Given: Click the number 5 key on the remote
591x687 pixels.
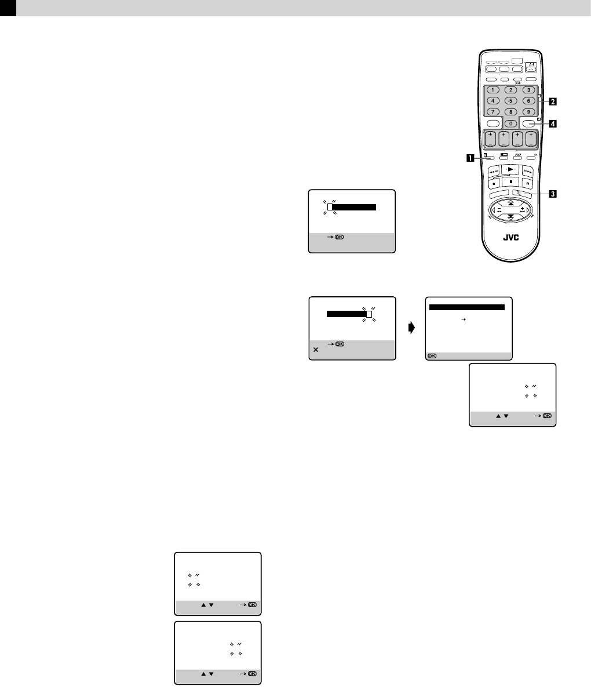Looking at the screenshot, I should tap(510, 100).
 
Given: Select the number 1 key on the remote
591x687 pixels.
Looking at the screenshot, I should tap(493, 90).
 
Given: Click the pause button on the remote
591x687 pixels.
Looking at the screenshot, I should tap(528, 181).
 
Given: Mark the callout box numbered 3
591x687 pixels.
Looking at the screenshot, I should tap(553, 194).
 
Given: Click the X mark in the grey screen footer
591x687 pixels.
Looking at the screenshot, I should tap(315, 350).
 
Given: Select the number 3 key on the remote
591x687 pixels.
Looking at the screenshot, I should tap(528, 90).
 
